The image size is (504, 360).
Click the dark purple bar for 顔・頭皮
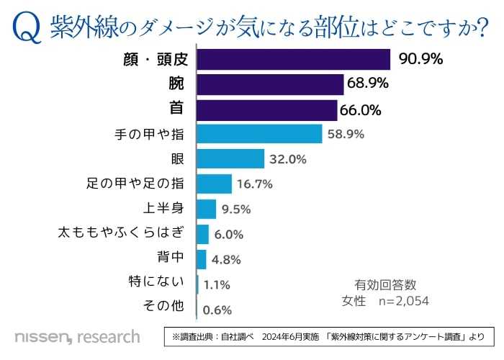(292, 59)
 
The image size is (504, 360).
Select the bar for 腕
(269, 84)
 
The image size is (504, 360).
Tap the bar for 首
(266, 109)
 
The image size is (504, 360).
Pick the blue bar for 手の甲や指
(258, 134)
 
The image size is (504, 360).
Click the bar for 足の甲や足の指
(214, 184)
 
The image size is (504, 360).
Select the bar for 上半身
(206, 209)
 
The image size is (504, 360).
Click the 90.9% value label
(420, 58)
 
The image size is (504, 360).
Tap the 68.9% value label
(368, 84)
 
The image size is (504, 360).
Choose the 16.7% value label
(254, 184)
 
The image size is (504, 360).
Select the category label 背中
(170, 258)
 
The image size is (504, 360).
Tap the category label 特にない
(160, 282)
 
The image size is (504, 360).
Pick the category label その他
(165, 307)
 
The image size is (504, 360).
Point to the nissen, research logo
(77, 336)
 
